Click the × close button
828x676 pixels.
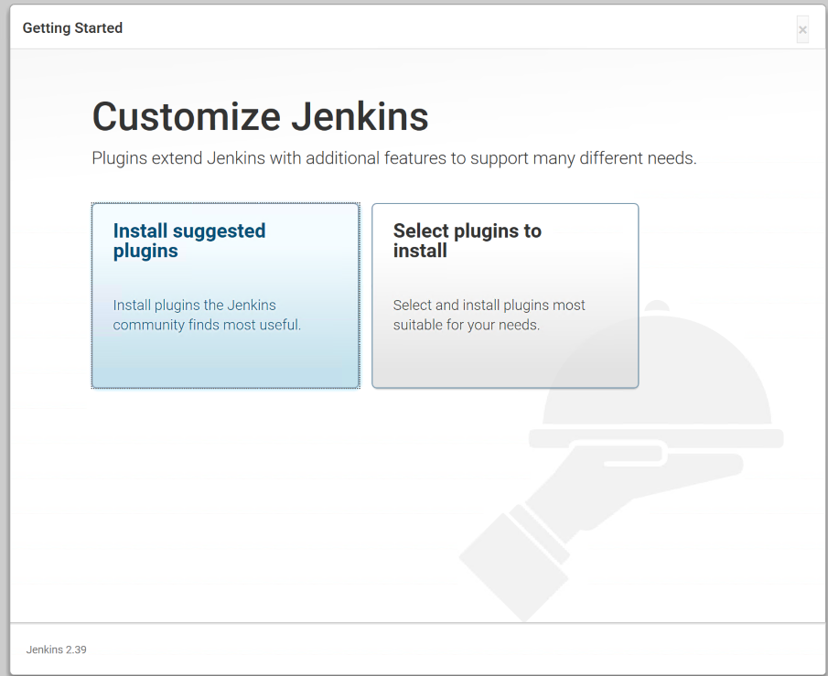click(x=802, y=30)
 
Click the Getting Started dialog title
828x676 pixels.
click(x=72, y=28)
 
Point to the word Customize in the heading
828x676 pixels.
click(x=186, y=117)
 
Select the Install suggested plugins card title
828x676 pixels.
click(x=189, y=241)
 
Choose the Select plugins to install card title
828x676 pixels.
click(x=467, y=241)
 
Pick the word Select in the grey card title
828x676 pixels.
click(x=421, y=231)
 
